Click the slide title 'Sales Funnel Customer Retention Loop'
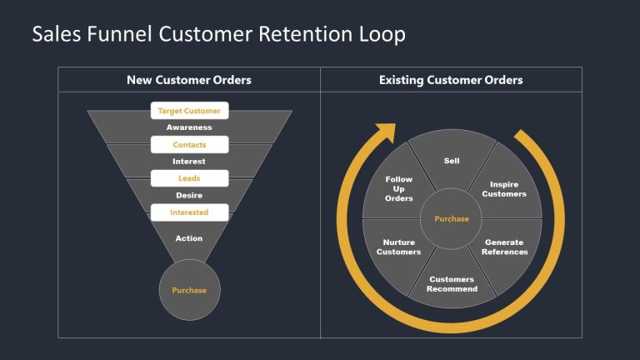218,34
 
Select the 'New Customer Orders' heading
189,80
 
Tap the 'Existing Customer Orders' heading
451,80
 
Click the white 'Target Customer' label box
189,111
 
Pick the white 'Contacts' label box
189,145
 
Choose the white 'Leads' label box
189,178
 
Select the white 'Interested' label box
189,212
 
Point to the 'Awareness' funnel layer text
189,127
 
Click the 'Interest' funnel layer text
189,161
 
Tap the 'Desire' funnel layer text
189,195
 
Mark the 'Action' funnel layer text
189,238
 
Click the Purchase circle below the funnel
189,290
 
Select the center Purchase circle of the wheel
452,219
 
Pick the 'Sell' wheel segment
452,160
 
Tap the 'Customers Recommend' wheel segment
452,283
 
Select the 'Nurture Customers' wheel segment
398,247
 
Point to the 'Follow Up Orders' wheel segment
399,188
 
